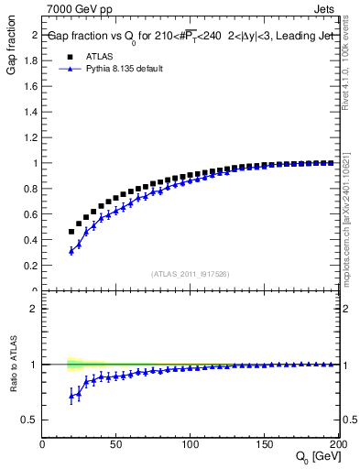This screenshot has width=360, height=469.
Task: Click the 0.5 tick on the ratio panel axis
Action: [x=29, y=420]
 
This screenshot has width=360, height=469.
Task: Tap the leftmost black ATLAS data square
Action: [x=71, y=232]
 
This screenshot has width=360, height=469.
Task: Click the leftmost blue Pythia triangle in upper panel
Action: [x=71, y=251]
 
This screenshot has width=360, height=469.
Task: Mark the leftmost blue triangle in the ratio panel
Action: [x=71, y=395]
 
